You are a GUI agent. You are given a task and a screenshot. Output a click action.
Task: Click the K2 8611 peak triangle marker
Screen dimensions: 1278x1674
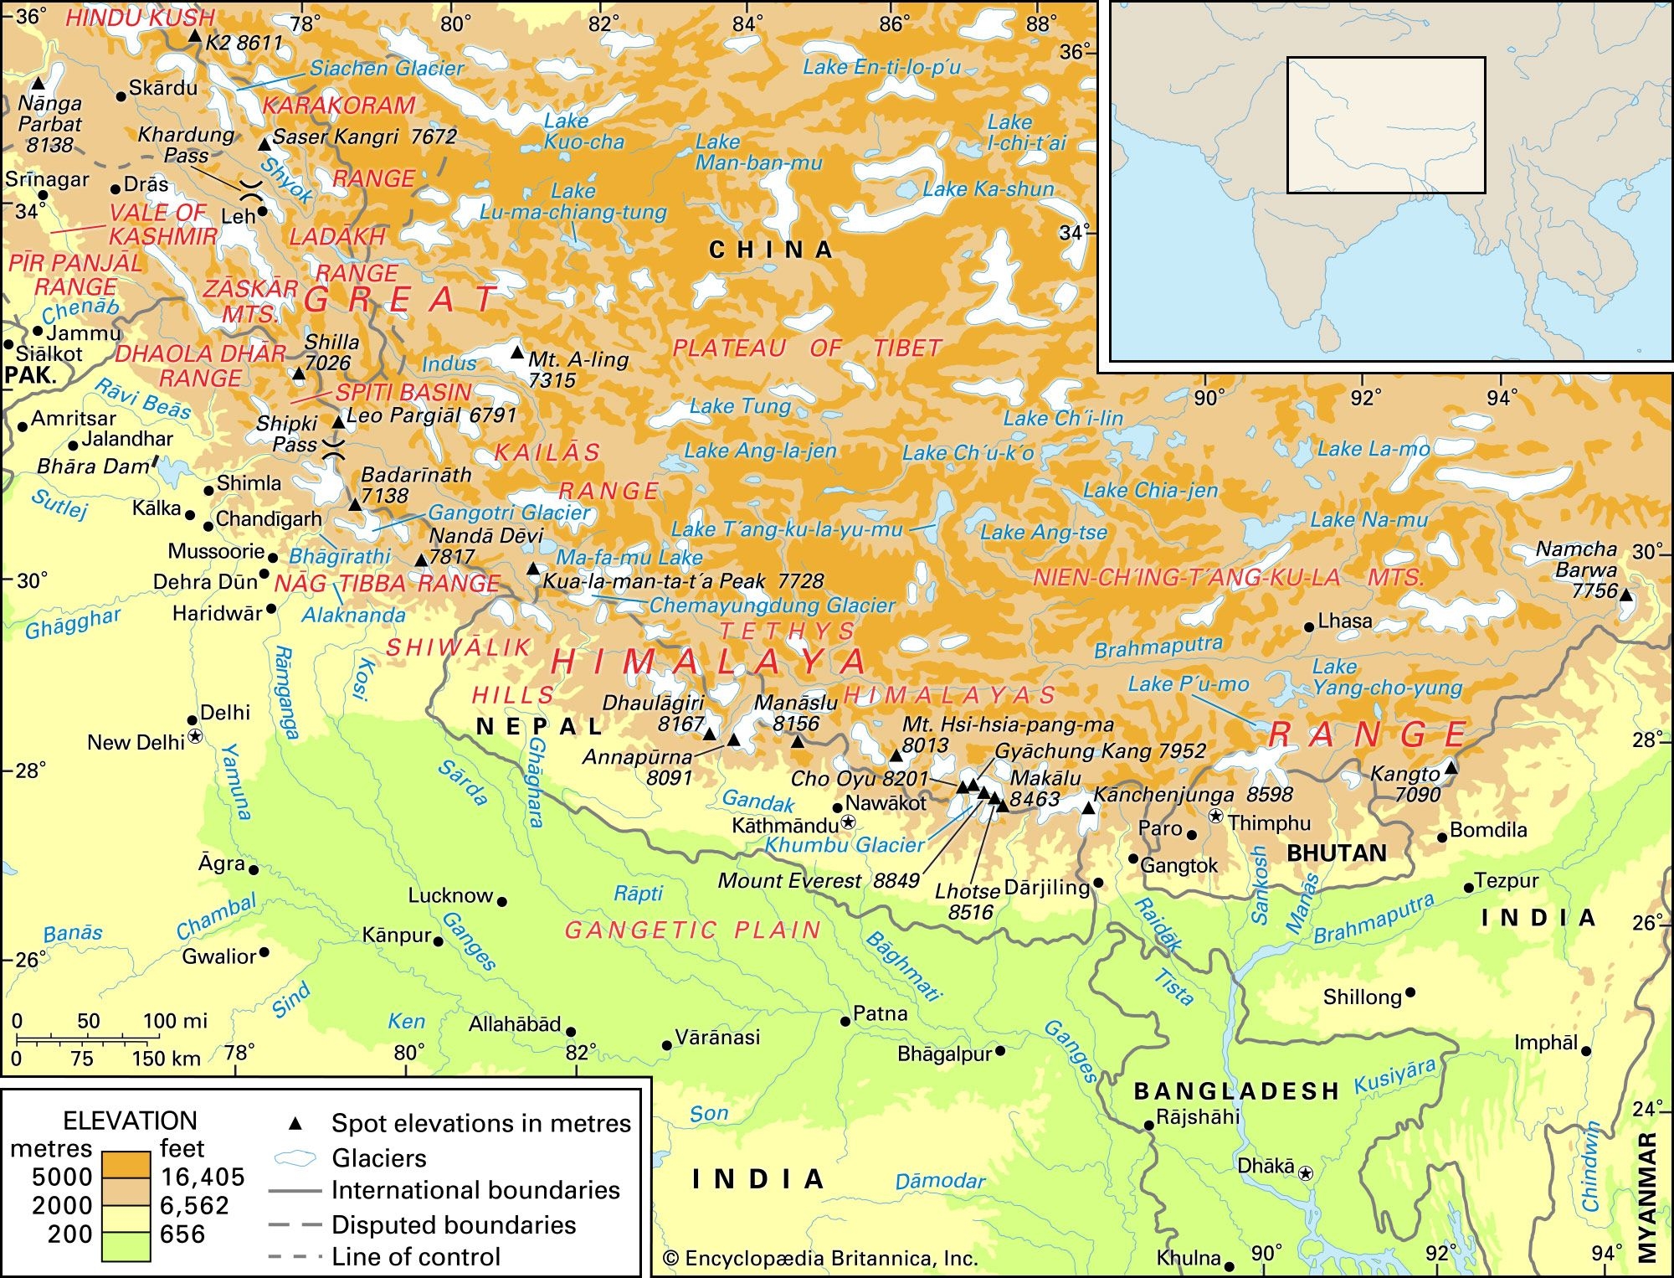coord(194,36)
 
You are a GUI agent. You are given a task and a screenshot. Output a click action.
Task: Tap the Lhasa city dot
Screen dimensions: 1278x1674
coord(1309,626)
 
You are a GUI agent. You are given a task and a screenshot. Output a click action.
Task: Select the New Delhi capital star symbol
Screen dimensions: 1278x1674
coord(195,736)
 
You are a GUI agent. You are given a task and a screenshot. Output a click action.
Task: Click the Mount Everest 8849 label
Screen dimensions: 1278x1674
coord(818,880)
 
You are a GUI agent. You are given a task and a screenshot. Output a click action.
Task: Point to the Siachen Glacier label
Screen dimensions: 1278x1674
coord(386,69)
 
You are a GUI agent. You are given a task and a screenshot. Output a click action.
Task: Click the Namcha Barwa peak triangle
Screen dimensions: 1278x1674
coord(1625,595)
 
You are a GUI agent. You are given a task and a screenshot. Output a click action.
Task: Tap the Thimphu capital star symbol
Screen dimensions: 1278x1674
coord(1215,816)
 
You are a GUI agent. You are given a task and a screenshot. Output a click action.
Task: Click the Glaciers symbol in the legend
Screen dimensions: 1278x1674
coord(295,1158)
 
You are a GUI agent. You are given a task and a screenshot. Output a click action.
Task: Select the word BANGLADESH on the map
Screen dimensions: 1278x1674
coord(1236,1090)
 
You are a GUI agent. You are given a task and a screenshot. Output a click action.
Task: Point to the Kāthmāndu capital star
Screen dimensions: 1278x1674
coord(848,822)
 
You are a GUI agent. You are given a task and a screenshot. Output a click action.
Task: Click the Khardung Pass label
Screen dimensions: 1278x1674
coord(186,145)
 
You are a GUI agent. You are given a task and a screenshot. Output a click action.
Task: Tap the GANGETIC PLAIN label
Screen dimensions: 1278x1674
coord(692,930)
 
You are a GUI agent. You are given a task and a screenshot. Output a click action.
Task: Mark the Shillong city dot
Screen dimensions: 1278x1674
coord(1410,992)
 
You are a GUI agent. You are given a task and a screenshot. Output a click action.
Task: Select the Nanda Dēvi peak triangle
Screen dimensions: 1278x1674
coord(422,559)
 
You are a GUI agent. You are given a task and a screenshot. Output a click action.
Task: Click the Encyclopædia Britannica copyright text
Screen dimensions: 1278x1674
coord(820,1258)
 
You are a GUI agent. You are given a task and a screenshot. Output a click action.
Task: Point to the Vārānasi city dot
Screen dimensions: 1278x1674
coord(667,1044)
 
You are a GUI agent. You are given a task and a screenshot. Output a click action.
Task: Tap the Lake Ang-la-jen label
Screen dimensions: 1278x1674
coord(760,451)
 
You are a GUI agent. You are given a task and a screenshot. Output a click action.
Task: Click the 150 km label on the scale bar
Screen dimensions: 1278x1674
coord(166,1058)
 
